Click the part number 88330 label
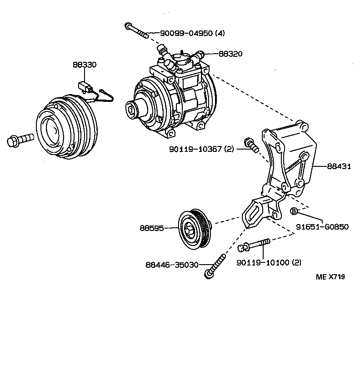point(85,65)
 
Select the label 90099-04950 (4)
point(192,33)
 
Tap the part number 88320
point(230,54)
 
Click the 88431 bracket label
point(339,166)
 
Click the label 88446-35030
point(172,265)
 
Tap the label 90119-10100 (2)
point(269,262)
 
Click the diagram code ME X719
point(330,277)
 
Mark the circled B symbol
point(294,211)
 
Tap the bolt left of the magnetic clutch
point(20,139)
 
